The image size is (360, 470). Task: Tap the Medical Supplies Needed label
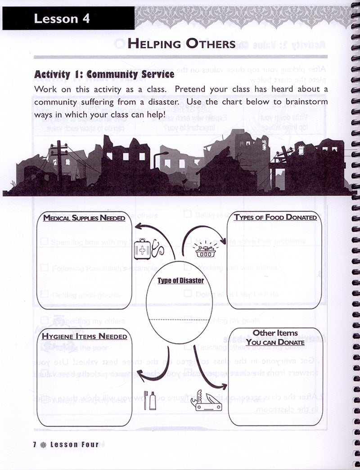[x=84, y=218]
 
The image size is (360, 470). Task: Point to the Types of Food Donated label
[x=275, y=218]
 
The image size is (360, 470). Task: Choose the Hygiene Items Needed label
[x=84, y=336]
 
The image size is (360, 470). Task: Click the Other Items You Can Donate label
[x=275, y=338]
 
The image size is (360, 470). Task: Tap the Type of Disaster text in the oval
[x=180, y=281]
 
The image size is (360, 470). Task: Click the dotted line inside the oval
[x=180, y=319]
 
